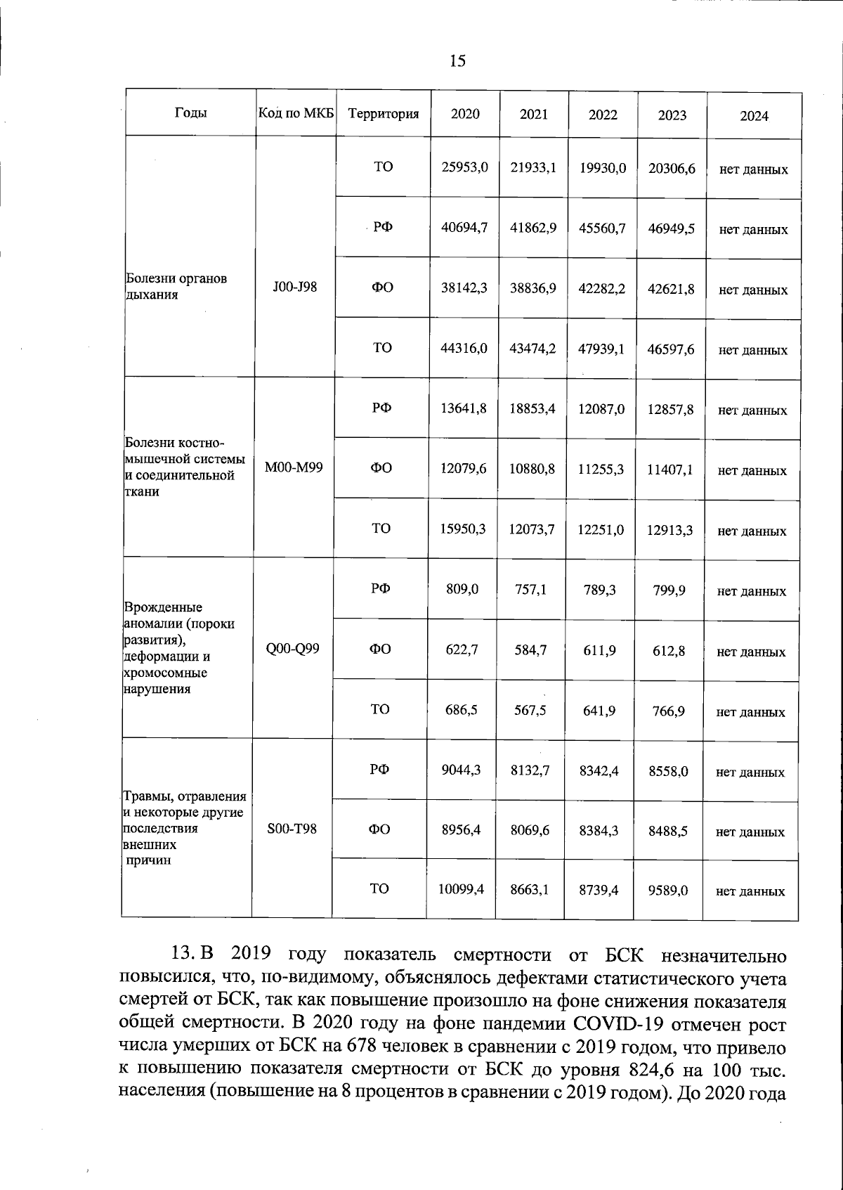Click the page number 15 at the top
pyautogui.click(x=457, y=61)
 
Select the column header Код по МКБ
pyautogui.click(x=296, y=113)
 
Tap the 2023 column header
pyautogui.click(x=672, y=115)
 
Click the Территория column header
pyautogui.click(x=384, y=114)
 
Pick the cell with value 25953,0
pyautogui.click(x=464, y=168)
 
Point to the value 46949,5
pyautogui.click(x=671, y=228)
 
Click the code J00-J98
pyautogui.click(x=295, y=287)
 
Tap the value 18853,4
pyautogui.click(x=532, y=408)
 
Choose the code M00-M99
pyautogui.click(x=294, y=467)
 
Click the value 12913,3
pyautogui.click(x=669, y=530)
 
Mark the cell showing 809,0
pyautogui.click(x=462, y=590)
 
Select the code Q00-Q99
pyautogui.click(x=293, y=649)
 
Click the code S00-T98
pyautogui.click(x=292, y=829)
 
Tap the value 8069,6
pyautogui.click(x=530, y=830)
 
